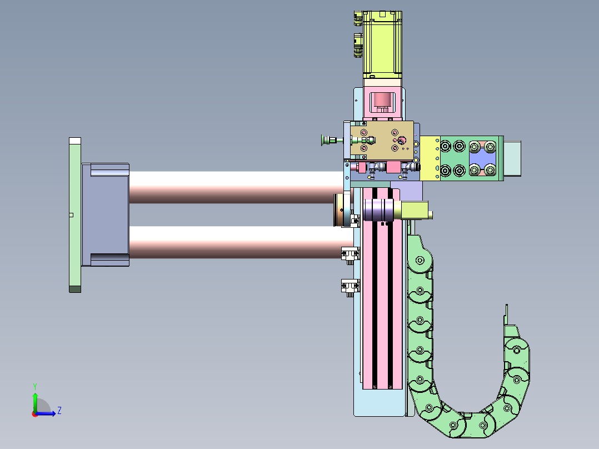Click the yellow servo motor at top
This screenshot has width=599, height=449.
(382, 44)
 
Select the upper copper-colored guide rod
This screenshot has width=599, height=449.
(237, 187)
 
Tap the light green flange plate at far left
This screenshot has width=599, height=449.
(75, 214)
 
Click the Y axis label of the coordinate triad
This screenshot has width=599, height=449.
(35, 386)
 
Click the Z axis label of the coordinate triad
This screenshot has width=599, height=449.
(59, 411)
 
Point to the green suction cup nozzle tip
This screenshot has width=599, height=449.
(323, 140)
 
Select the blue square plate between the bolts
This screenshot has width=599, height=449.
(482, 158)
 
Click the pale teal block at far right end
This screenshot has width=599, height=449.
(512, 158)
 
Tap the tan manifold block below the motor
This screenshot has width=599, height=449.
(382, 140)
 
